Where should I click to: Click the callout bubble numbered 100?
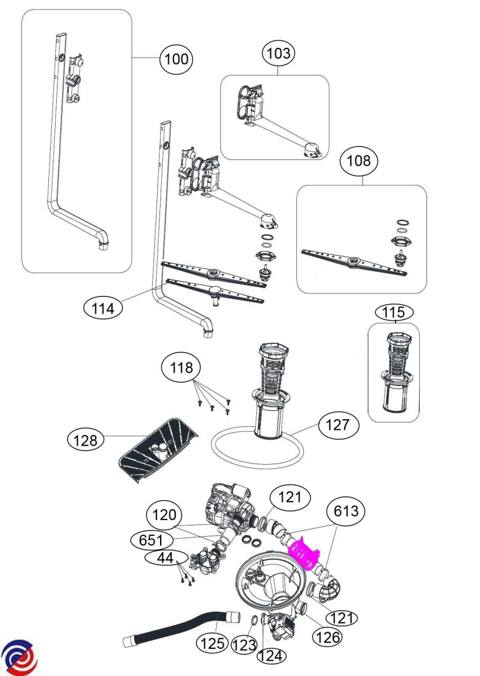pos(177,59)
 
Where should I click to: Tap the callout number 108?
pos(359,162)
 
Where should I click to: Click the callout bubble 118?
pos(181,368)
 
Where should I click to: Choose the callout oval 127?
pos(338,425)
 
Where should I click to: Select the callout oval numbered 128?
pos(86,439)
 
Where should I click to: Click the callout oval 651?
pos(152,540)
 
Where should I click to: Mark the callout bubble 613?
pos(346,512)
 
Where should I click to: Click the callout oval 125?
pos(213,643)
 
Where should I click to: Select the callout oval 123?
pos(245,646)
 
